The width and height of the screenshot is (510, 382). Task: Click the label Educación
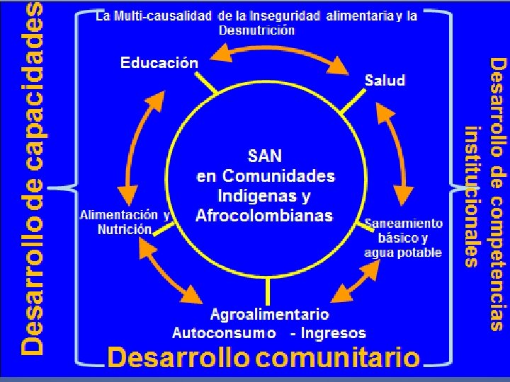(x=159, y=63)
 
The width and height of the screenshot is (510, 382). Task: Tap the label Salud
(x=385, y=80)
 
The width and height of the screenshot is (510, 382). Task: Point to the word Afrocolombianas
(x=264, y=215)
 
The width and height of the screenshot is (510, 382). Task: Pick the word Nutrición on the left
(x=124, y=229)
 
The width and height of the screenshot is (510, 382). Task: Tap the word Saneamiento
(x=404, y=224)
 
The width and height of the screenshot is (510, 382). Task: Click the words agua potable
(x=403, y=253)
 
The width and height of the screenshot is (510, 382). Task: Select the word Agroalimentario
(x=270, y=313)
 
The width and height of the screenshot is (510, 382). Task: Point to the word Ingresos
(x=333, y=332)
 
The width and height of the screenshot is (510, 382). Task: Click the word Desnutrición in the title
(x=256, y=30)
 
